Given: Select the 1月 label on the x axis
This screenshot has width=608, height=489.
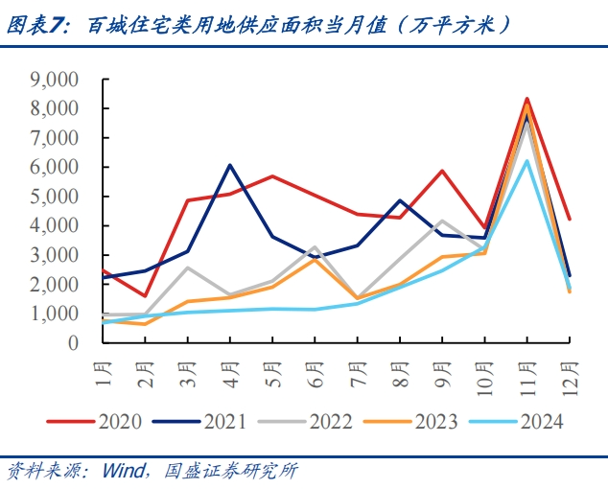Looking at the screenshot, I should (x=103, y=370).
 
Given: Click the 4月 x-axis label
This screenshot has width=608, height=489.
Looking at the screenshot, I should (x=230, y=370).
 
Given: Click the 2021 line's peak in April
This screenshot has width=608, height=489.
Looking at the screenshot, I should (x=230, y=165).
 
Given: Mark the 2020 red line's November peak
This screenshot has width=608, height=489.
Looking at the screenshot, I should (x=526, y=99).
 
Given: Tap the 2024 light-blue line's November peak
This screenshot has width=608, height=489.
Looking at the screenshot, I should (x=526, y=161).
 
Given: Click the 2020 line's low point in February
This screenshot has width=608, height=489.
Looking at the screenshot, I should (x=145, y=295).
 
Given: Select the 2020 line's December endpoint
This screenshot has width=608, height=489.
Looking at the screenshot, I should (x=570, y=219).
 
